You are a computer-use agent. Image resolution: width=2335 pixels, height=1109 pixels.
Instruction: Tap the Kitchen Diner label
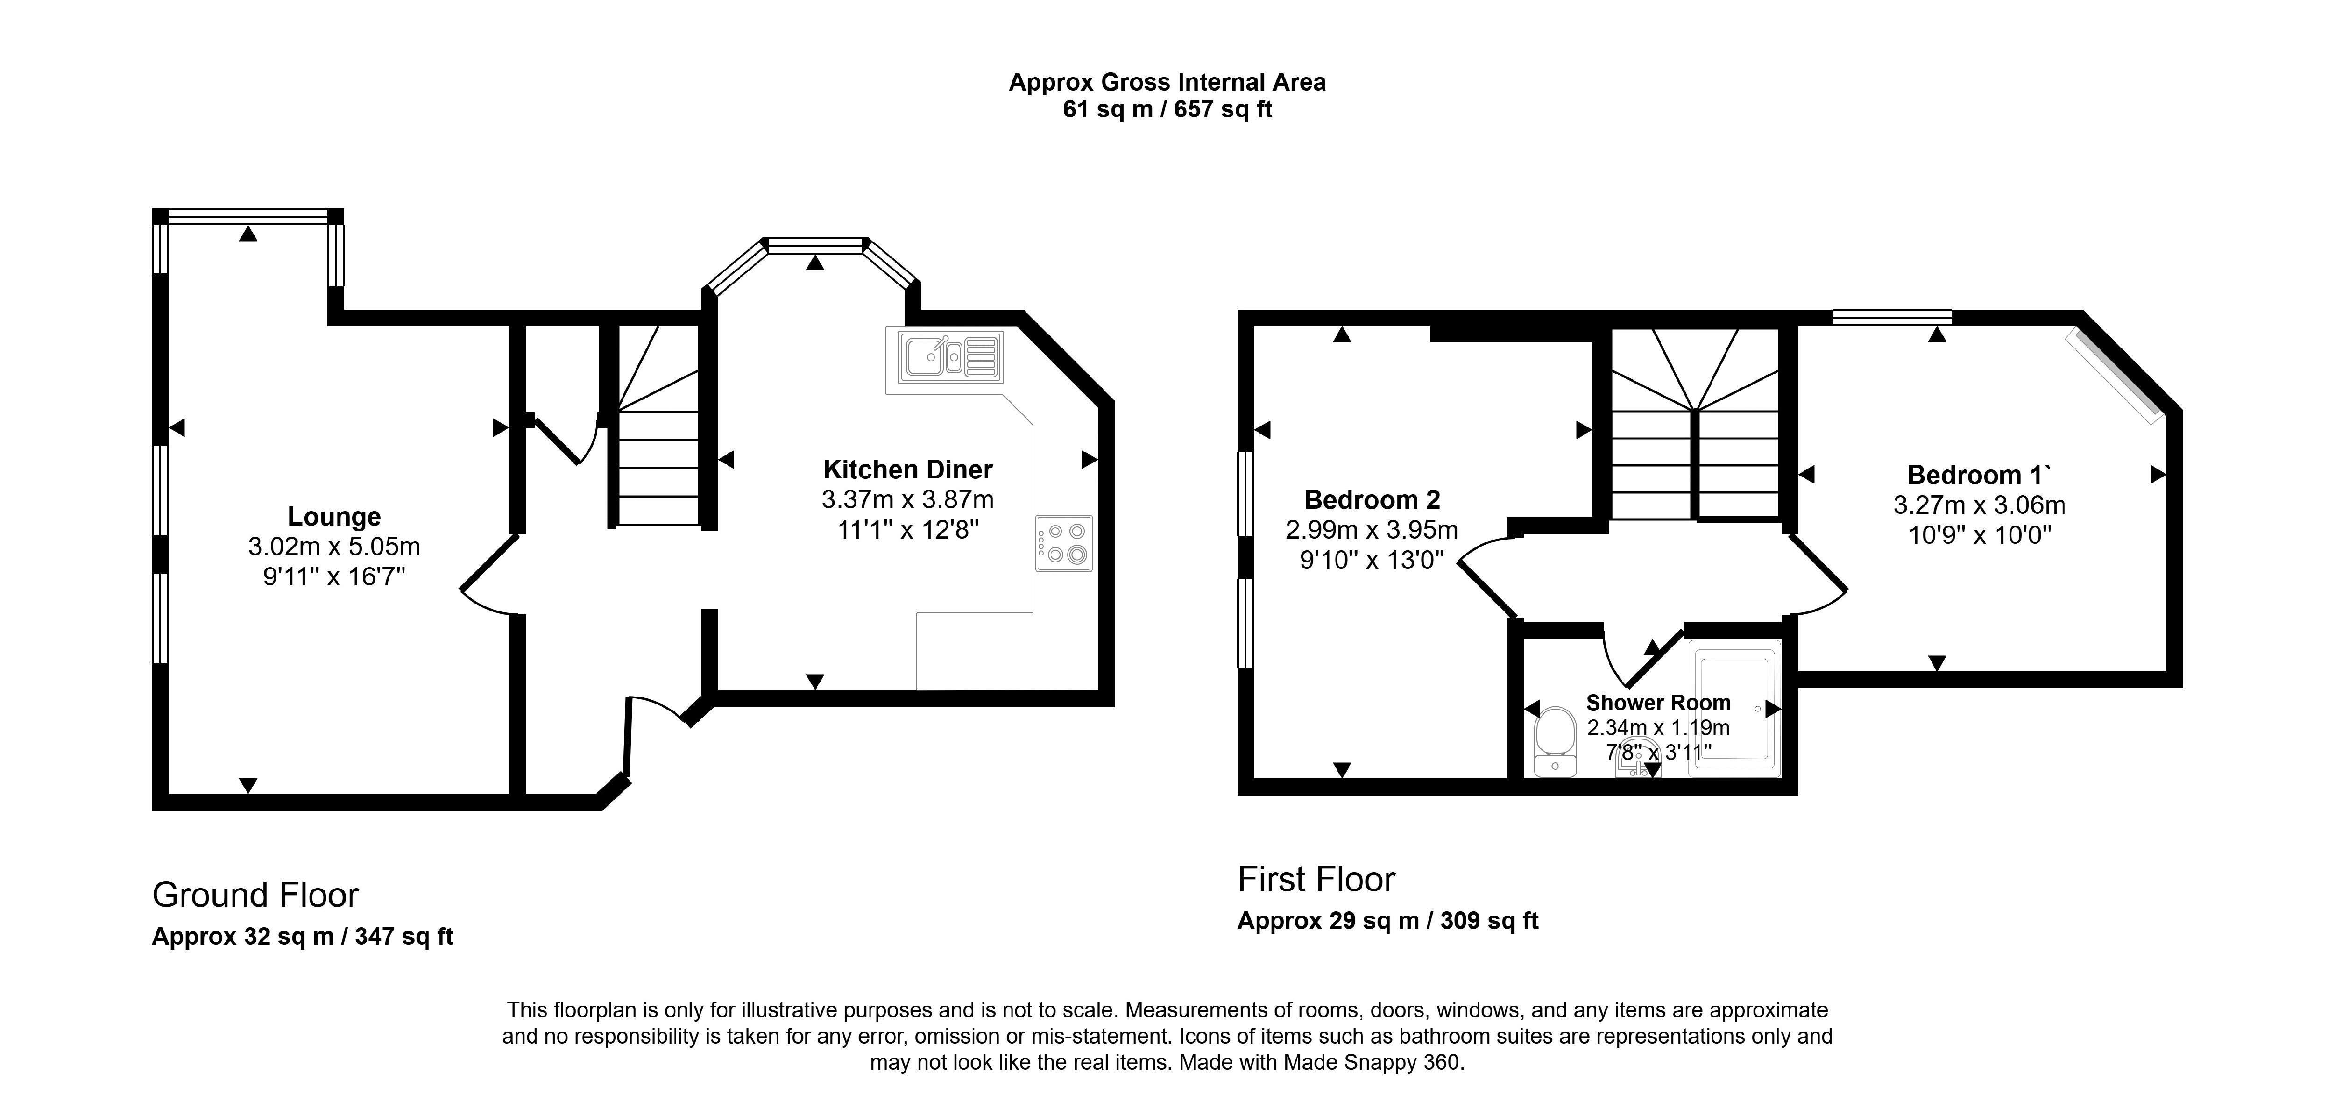coord(907,470)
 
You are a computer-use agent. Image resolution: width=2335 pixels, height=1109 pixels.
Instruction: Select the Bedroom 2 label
coord(1372,500)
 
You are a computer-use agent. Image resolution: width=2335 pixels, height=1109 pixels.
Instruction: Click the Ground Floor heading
coord(255,895)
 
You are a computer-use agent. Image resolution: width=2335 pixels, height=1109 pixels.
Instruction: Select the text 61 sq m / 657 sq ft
coord(1167,110)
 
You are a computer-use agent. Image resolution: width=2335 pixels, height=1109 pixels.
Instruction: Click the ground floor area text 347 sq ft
coord(404,937)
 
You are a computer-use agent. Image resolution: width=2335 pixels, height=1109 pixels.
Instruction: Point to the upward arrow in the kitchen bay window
coord(816,263)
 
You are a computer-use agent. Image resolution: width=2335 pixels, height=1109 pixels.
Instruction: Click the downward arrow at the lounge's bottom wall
coord(248,785)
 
